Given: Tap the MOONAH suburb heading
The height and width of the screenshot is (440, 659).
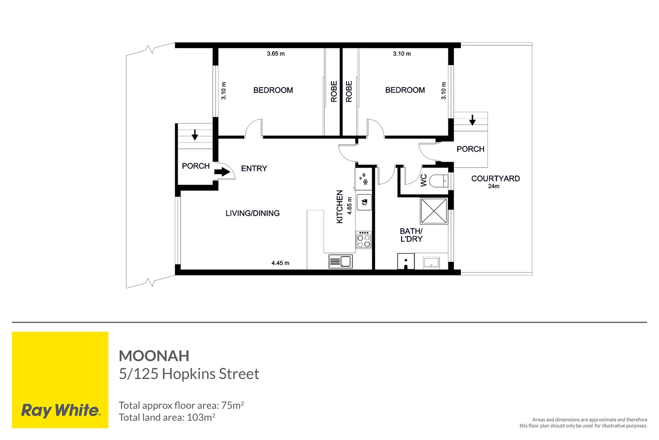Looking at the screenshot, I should coord(154,356).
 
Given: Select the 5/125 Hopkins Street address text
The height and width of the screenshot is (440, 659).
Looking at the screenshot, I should coord(189,374).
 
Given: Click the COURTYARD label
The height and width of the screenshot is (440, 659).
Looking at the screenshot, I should coord(495,178).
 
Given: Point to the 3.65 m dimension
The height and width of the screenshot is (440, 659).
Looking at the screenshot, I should coord(276,53).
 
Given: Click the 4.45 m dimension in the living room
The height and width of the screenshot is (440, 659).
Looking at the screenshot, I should coord(280,263).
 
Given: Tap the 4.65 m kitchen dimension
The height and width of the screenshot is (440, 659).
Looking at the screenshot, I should coord(349,206).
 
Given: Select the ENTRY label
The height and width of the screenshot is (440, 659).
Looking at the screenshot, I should coord(254,168).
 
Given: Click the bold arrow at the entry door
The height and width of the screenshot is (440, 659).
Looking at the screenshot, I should coord(222,172).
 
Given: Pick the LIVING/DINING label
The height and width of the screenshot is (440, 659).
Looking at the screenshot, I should coord(252,213).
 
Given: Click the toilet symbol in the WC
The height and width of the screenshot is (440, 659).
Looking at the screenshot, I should coord(439,180).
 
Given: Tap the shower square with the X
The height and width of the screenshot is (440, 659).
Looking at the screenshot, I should coord(434,211).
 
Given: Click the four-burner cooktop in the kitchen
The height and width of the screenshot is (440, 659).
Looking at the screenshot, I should coord(364,240).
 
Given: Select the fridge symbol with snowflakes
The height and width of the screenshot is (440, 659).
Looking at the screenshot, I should coord(363,179).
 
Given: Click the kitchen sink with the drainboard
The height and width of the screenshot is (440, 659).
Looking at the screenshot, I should coord(341,261).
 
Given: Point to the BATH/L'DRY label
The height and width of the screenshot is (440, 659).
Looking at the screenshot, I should coord(411,235).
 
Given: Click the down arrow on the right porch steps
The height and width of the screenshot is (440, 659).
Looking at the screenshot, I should coord(472,120).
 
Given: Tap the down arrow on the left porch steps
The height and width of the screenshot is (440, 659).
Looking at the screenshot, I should coord(195,134).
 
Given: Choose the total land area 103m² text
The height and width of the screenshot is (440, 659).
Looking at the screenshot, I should coord(167,417).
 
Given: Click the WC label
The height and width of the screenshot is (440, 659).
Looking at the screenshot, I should coord(423,180).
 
